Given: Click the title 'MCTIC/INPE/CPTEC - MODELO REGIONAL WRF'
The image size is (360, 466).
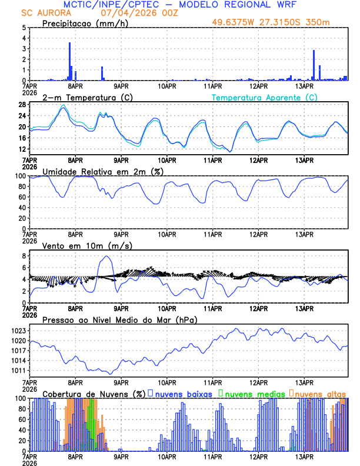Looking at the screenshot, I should coord(179,5).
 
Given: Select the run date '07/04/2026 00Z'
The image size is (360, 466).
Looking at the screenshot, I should coord(137,13).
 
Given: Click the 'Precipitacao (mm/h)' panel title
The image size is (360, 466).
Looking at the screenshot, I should coord(85,23).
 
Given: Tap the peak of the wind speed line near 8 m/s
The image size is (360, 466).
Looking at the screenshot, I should coord(106,256).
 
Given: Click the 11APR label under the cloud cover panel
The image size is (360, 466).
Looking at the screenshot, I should coord(213,457).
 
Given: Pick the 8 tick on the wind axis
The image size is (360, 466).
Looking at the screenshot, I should coord(23,256).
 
